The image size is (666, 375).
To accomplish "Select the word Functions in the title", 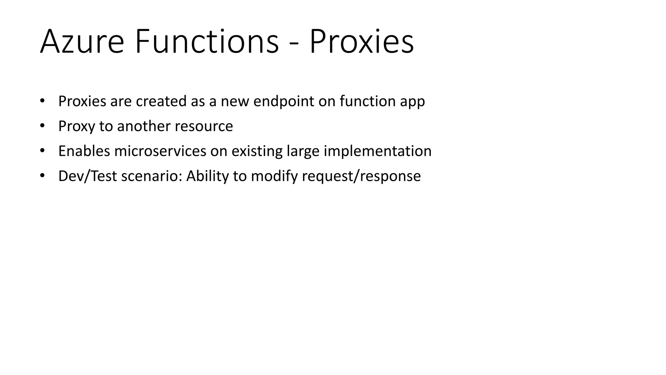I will [x=207, y=42].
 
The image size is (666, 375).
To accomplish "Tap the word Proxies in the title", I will [x=361, y=42].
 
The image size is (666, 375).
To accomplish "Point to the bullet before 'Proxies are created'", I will [x=42, y=101].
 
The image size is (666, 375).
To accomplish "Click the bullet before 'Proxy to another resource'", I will [x=42, y=126].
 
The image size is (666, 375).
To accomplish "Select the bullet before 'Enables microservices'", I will [x=42, y=151].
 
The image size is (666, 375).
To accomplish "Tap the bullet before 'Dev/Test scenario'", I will [x=42, y=176].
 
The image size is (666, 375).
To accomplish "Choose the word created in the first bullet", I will [x=161, y=101].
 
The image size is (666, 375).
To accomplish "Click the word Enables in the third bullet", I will [x=84, y=151].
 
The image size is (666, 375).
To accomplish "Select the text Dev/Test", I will [x=87, y=176].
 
